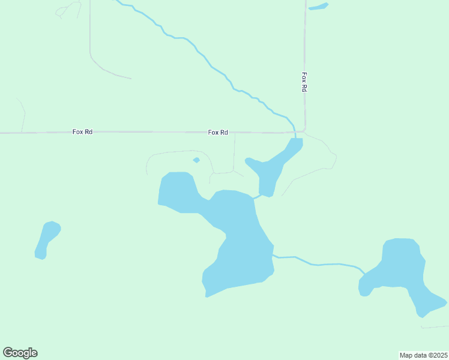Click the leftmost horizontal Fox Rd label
[x=82, y=132]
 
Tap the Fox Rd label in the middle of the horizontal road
[x=218, y=132]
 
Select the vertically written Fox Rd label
[x=304, y=82]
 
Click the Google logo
[x=20, y=353]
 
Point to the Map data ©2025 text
[x=423, y=355]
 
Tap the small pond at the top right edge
[x=318, y=7]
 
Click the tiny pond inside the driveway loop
[x=196, y=160]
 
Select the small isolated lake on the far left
[x=46, y=239]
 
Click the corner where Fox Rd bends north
[x=304, y=129]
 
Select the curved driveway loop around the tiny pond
[x=174, y=152]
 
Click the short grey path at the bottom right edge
[x=435, y=327]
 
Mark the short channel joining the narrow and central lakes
[x=257, y=196]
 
